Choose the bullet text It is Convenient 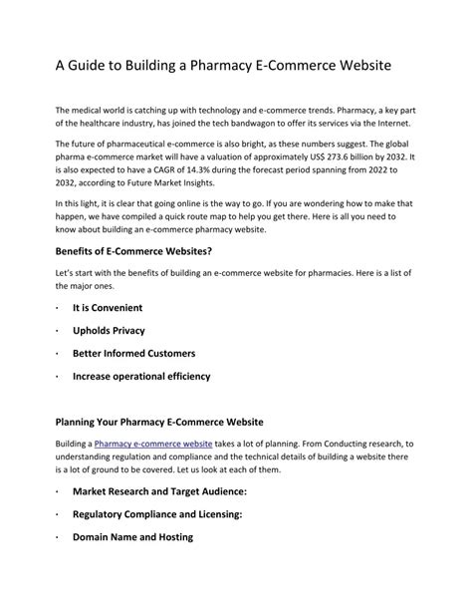[108, 308]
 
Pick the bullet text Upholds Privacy [108, 331]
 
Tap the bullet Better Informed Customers [133, 354]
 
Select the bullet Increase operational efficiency [141, 377]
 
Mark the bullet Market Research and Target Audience [158, 492]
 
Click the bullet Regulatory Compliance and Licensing [157, 515]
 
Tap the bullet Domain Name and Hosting [132, 538]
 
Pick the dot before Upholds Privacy [59, 331]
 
